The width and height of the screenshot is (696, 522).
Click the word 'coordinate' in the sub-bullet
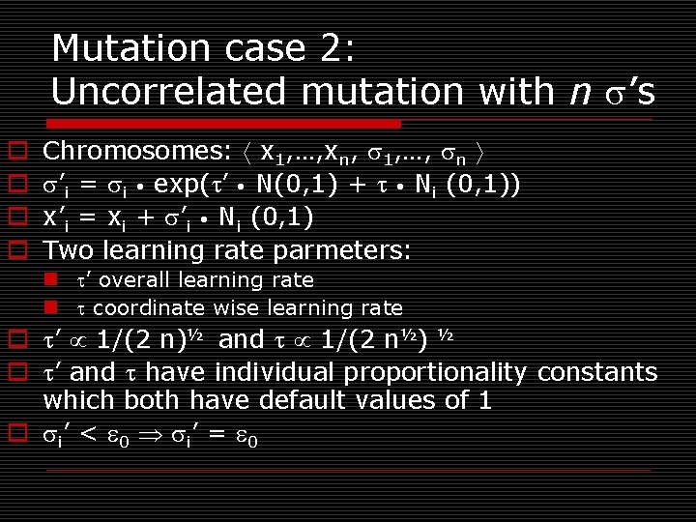148,308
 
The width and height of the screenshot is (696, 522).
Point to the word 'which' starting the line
76,400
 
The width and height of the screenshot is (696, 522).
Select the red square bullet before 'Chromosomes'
16,152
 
